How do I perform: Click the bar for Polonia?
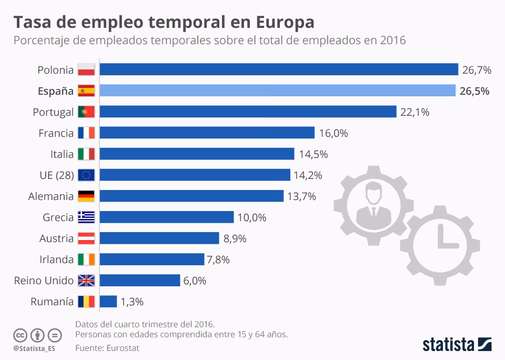pos(279,69)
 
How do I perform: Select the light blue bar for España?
pos(277,91)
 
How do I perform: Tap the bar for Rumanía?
pos(108,302)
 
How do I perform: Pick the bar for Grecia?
pos(166,217)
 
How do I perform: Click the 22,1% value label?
pos(415,112)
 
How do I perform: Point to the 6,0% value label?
pos(195,281)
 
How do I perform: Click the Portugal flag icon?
pos(86,112)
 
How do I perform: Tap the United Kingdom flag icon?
pos(86,281)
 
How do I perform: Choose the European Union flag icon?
pos(86,175)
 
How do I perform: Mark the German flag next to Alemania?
pos(86,196)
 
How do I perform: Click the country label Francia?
pos(56,133)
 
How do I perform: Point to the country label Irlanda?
pos(56,259)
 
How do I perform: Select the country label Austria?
pos(56,238)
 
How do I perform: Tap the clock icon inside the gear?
pos(443,241)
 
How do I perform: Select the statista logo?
pos(457,345)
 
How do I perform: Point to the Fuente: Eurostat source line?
pos(107,348)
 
